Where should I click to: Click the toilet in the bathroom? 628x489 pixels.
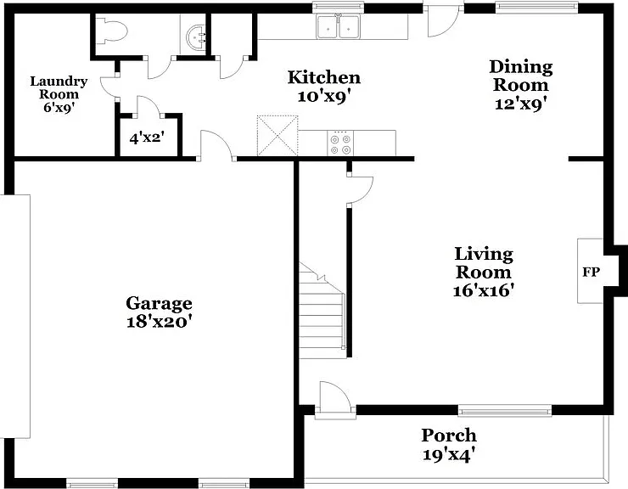pyautogui.click(x=112, y=31)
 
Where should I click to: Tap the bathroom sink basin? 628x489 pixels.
pyautogui.click(x=197, y=37)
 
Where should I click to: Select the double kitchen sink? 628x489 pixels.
pyautogui.click(x=339, y=27)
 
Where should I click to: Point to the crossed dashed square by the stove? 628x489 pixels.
pyautogui.click(x=278, y=136)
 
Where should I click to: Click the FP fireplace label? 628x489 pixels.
pyautogui.click(x=592, y=273)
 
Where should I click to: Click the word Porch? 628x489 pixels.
pyautogui.click(x=449, y=436)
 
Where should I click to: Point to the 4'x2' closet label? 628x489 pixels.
pyautogui.click(x=147, y=138)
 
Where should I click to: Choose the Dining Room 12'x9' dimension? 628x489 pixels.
pyautogui.click(x=521, y=104)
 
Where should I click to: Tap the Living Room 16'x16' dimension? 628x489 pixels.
pyautogui.click(x=484, y=290)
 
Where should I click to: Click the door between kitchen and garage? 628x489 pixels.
pyautogui.click(x=216, y=145)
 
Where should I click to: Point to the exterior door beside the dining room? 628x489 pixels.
pyautogui.click(x=443, y=20)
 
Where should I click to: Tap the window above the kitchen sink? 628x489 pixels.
pyautogui.click(x=338, y=6)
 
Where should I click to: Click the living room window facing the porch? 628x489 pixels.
pyautogui.click(x=505, y=410)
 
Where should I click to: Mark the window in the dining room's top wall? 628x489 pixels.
pyautogui.click(x=536, y=6)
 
